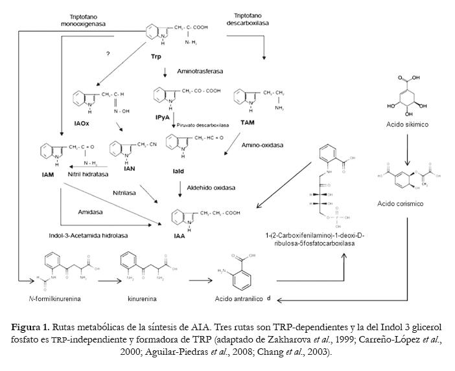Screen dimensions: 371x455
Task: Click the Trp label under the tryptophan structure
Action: [156, 57]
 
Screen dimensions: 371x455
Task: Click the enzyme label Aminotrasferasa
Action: [199, 71]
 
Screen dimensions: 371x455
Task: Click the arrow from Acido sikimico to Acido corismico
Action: [406, 150]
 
